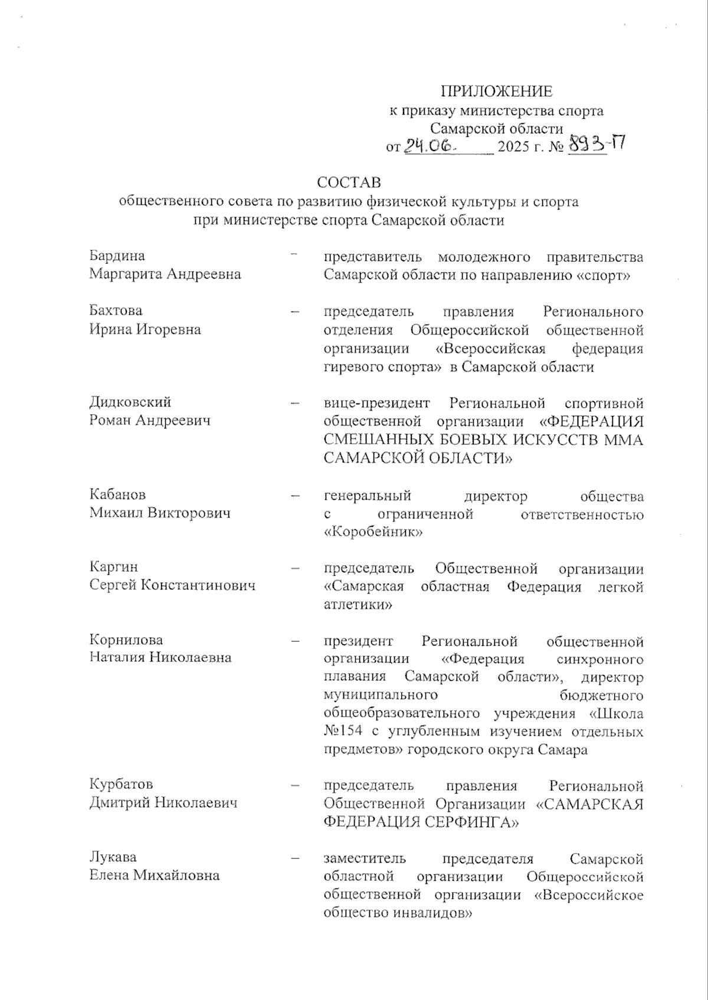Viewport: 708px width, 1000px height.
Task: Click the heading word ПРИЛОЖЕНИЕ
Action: point(497,91)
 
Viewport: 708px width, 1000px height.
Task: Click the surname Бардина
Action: point(117,255)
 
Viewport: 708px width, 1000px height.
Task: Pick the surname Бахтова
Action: point(116,310)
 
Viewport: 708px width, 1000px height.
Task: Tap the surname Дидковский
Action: point(130,402)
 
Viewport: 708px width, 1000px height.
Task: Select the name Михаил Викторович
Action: point(160,513)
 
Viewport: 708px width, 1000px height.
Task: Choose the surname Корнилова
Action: point(126,640)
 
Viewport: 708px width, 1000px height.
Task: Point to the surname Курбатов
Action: point(121,784)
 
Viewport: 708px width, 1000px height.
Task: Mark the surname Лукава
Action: point(113,857)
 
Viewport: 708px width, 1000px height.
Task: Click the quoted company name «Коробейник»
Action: point(373,532)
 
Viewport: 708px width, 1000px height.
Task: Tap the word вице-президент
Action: point(376,404)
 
